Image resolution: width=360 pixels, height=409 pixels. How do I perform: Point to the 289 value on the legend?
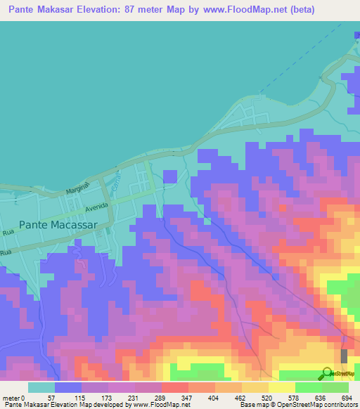[187, 397]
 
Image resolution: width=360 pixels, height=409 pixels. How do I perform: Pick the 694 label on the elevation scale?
[347, 397]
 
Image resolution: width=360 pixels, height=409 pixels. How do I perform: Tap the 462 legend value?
[267, 397]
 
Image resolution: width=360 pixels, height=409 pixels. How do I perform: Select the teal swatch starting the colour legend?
[41, 387]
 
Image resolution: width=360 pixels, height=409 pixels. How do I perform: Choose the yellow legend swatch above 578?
[281, 387]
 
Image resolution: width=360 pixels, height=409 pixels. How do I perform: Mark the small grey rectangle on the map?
[344, 356]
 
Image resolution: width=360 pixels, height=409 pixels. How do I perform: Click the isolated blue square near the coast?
[169, 176]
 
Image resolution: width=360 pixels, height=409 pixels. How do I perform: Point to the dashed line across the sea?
[302, 63]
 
